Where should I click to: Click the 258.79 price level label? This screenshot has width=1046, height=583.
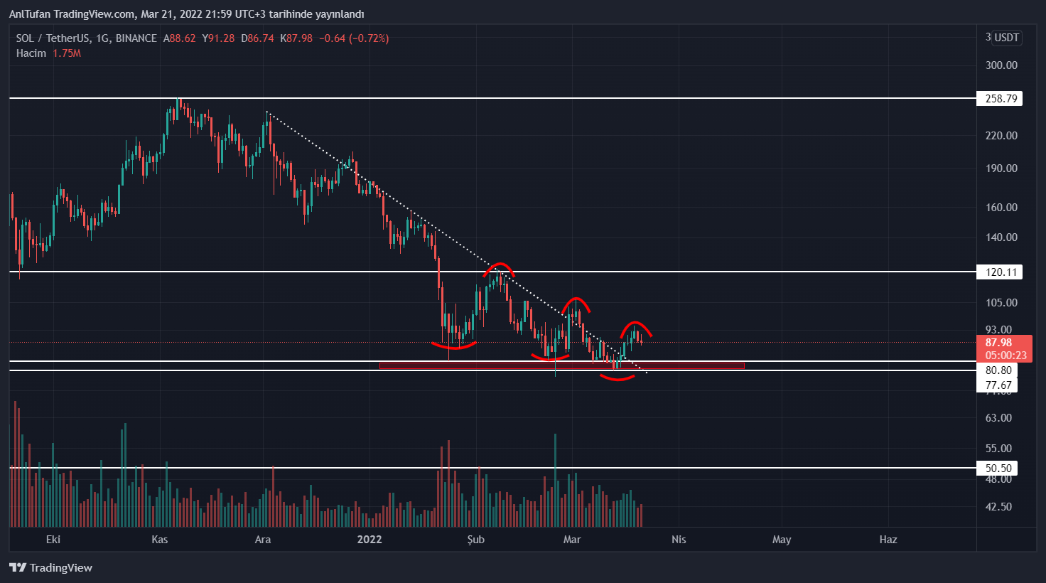point(1001,99)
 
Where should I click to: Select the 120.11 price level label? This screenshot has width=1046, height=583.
point(1001,272)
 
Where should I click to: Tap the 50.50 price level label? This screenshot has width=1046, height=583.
point(998,469)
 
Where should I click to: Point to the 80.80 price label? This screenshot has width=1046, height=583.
point(998,370)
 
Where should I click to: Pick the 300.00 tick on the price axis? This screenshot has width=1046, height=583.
point(1001,65)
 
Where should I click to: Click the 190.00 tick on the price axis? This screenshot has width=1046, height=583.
point(1001,169)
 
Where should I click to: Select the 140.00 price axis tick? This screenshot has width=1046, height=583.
point(1001,237)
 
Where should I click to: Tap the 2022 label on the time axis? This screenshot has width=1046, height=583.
point(370,540)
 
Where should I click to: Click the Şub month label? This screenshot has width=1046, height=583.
point(476,540)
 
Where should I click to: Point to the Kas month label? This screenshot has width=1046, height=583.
point(160,540)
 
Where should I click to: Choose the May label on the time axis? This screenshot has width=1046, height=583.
point(782,540)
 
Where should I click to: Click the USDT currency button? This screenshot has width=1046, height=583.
point(1006,38)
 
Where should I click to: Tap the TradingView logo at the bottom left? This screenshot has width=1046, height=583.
point(51,567)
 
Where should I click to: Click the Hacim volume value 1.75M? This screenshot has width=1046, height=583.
point(67,53)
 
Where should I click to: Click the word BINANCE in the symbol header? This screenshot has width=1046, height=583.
point(136,38)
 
